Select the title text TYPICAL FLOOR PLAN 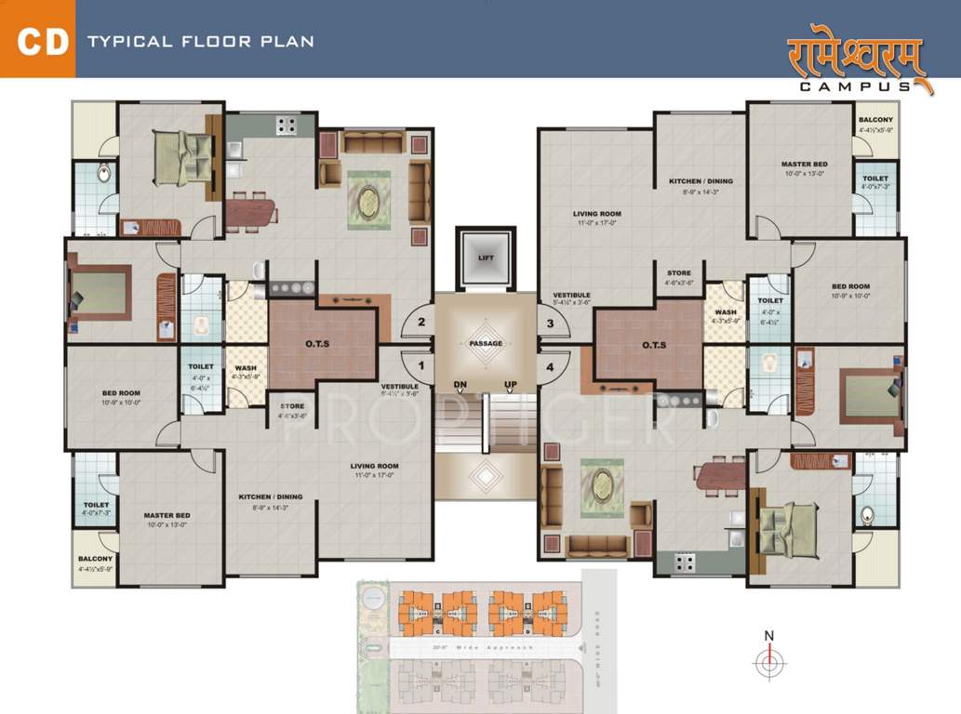200,42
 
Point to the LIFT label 486,258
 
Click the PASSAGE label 486,344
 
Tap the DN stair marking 460,384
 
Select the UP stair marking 511,384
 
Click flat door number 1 421,366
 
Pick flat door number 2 421,323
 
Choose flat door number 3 550,323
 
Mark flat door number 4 550,366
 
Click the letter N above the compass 768,636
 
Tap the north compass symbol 768,663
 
